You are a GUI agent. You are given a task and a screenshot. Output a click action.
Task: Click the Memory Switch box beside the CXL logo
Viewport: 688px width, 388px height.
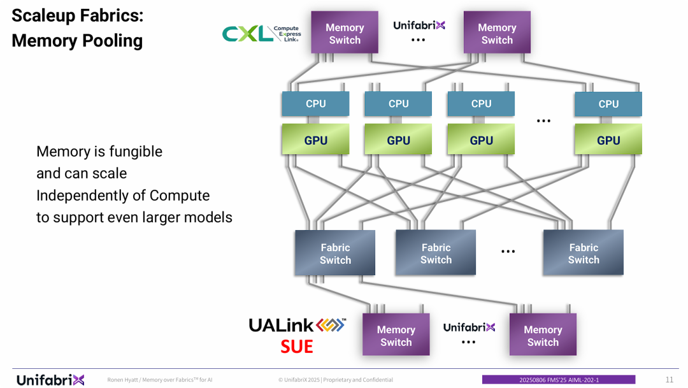344,33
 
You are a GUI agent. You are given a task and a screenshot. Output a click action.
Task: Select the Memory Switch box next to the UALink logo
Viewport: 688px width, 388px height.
396,335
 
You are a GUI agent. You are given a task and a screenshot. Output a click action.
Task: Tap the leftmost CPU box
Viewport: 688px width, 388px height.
315,104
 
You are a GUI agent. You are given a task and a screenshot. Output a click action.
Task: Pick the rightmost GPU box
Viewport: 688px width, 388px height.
608,140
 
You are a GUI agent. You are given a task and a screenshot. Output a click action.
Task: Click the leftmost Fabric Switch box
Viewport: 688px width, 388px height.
335,253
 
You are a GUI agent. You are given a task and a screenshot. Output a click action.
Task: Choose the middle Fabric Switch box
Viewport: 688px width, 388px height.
436,253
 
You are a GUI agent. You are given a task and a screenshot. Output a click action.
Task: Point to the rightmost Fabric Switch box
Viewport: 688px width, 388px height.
583,253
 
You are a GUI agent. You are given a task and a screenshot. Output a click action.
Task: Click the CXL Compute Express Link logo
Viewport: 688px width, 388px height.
261,34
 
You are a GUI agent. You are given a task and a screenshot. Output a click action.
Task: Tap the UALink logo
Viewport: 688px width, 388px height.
297,326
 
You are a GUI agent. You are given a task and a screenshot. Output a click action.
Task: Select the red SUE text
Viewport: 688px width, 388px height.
297,347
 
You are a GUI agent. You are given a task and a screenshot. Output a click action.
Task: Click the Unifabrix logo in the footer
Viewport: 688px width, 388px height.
50,380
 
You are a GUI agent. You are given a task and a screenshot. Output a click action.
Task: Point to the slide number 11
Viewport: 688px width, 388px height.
669,380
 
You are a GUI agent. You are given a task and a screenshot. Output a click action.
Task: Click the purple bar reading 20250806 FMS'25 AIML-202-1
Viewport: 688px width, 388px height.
559,380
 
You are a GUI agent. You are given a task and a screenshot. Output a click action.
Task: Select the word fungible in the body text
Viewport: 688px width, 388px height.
136,152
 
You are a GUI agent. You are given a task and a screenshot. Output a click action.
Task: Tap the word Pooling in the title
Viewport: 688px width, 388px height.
109,41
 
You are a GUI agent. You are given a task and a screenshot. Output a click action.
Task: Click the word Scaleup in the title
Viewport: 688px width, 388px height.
44,16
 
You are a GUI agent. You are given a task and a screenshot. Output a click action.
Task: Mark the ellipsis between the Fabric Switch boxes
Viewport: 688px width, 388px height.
508,252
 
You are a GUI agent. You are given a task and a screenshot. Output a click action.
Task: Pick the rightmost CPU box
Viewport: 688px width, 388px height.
608,104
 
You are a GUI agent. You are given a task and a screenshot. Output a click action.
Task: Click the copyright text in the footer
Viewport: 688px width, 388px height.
336,380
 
